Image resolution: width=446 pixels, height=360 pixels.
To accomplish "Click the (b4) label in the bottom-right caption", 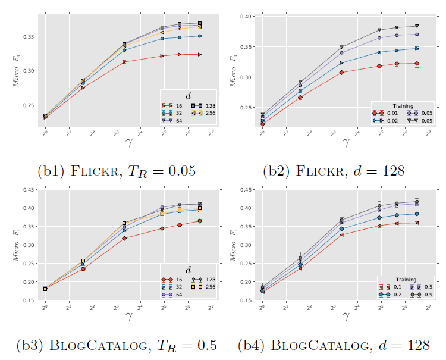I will point(249,345).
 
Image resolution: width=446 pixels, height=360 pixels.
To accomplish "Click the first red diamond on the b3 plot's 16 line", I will point(45,289).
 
